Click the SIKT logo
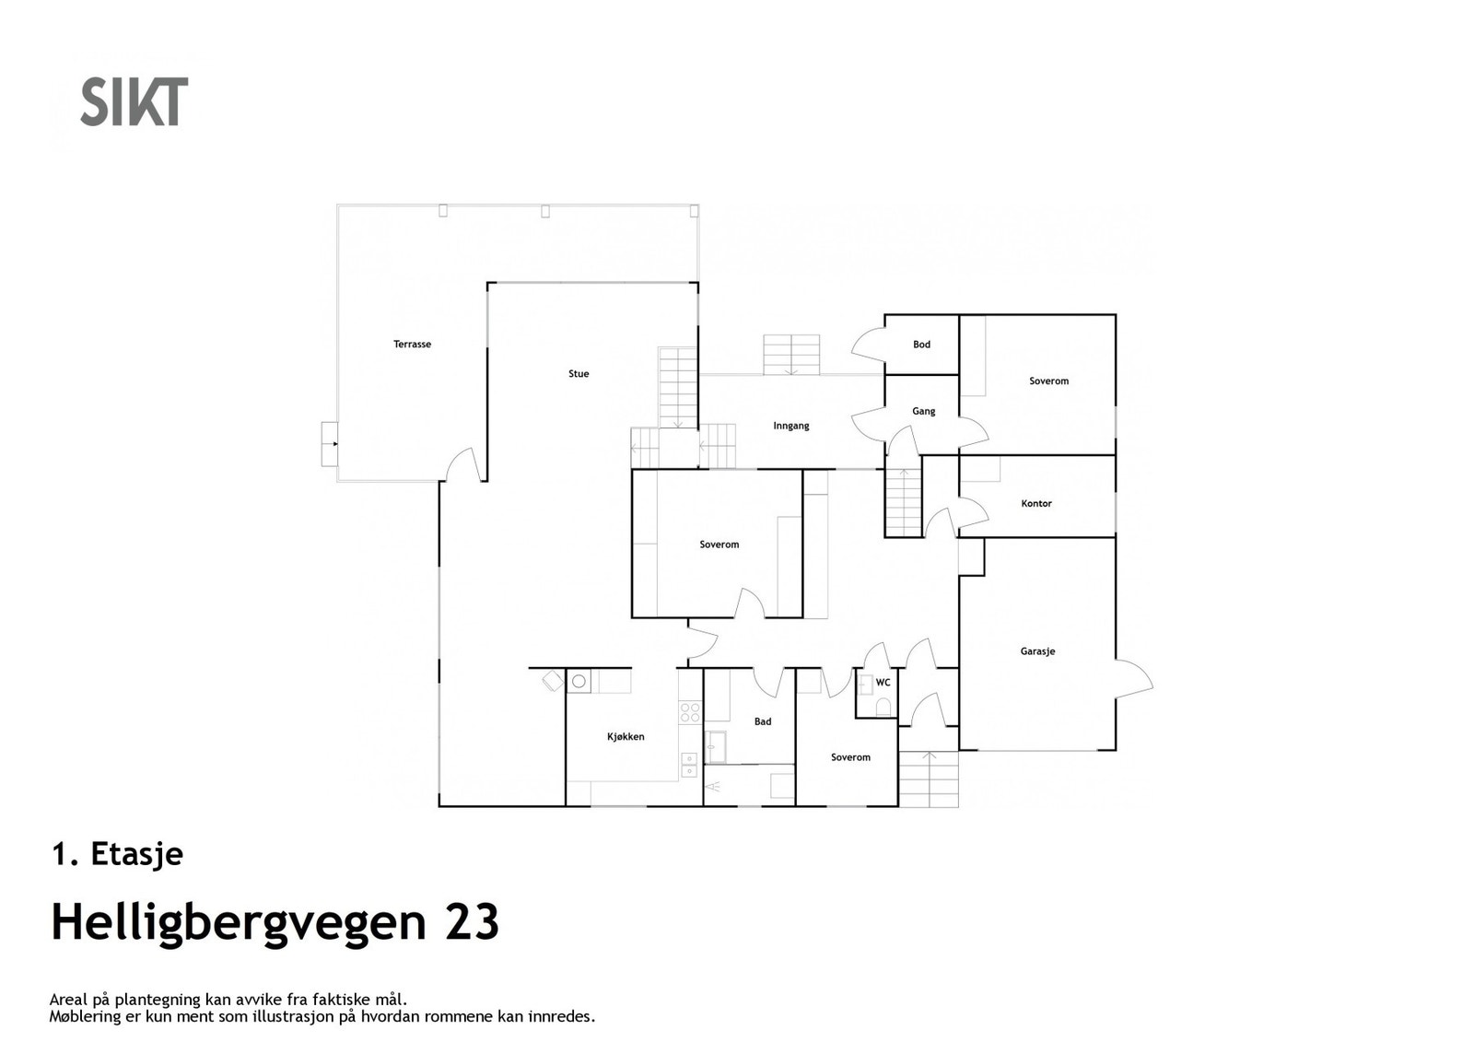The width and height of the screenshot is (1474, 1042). (x=135, y=101)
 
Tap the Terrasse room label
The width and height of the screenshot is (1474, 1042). (x=412, y=345)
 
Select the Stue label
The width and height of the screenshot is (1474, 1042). (x=579, y=374)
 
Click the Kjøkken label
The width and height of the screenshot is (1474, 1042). (x=626, y=737)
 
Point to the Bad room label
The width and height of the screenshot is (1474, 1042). (x=763, y=722)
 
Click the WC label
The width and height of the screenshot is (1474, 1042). (x=883, y=683)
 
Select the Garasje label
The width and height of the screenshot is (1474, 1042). (x=1037, y=651)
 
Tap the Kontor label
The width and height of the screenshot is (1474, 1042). (x=1036, y=504)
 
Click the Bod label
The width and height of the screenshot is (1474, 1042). (x=921, y=345)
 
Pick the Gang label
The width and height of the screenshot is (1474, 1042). (x=923, y=412)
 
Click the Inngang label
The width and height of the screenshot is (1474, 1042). (x=791, y=426)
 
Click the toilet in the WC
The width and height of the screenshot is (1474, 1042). (x=883, y=707)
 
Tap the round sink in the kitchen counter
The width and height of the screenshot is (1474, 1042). (x=579, y=682)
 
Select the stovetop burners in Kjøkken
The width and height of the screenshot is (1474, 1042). (x=689, y=712)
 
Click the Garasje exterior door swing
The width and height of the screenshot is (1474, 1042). (x=1135, y=680)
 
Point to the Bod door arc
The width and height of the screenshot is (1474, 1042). (x=867, y=345)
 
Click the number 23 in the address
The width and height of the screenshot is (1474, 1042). (x=472, y=922)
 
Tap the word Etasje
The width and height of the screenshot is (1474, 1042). (x=137, y=854)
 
